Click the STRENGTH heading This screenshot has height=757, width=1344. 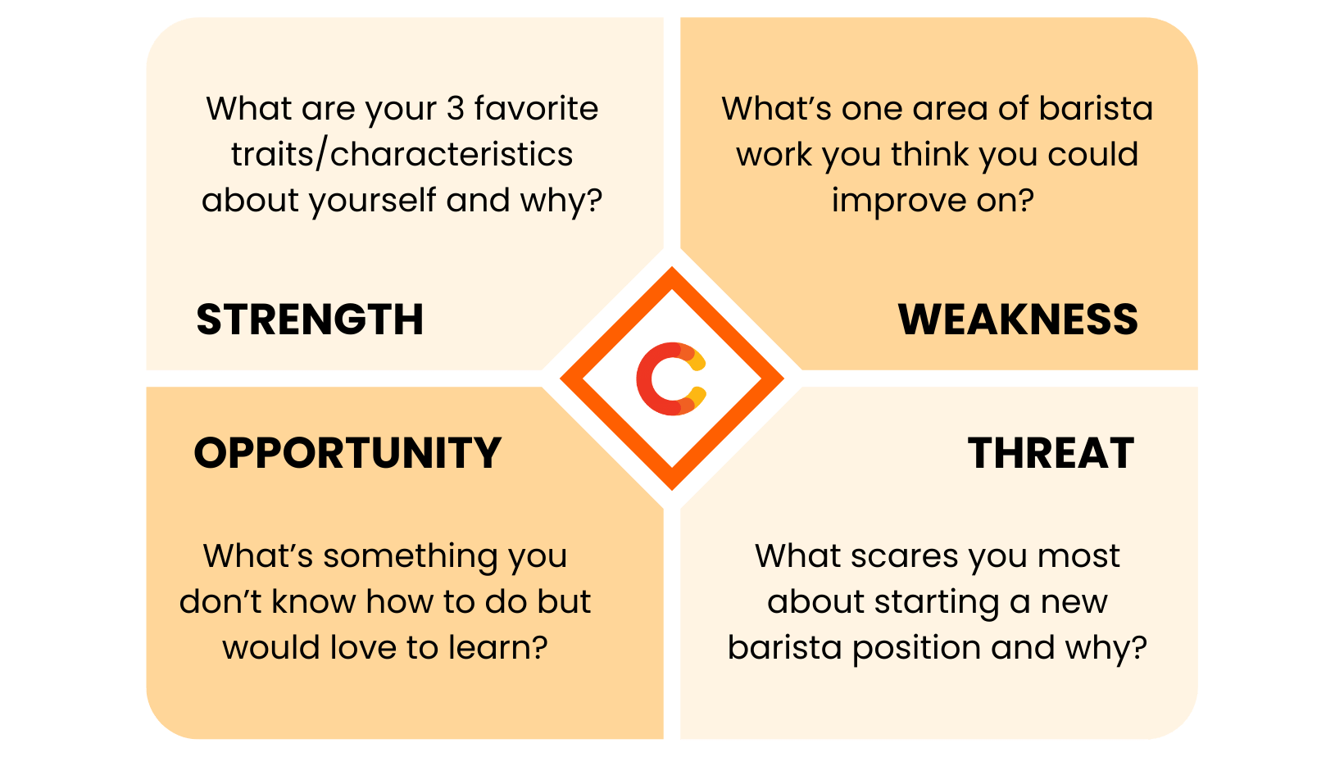click(310, 320)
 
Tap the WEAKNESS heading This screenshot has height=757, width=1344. click(1018, 320)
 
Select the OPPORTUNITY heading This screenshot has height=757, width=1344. click(347, 453)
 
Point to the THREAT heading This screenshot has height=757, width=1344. click(1051, 453)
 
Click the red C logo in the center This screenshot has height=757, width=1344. click(671, 378)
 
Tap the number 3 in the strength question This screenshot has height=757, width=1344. click(456, 109)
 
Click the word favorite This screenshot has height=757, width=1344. click(536, 109)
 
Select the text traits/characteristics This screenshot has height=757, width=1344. click(402, 155)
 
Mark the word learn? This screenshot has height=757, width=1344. click(498, 648)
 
